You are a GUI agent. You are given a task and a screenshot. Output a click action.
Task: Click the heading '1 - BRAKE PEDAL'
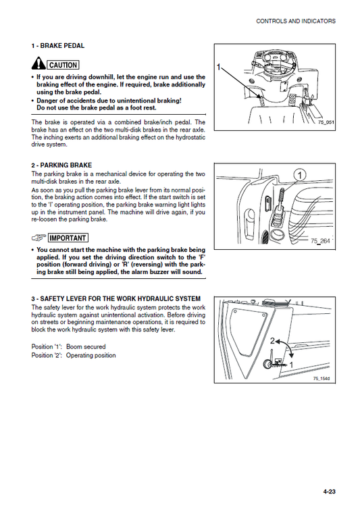point(57,46)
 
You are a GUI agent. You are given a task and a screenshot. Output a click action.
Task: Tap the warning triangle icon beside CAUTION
point(38,65)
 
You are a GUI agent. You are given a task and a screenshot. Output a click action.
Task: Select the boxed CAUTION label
point(63,65)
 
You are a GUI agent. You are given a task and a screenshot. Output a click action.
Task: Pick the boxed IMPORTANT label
point(68,238)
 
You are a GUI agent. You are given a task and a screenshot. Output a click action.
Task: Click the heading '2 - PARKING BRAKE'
point(61,165)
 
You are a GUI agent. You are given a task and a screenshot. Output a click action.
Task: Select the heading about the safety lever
point(115,298)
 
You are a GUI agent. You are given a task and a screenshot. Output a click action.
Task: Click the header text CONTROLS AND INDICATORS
point(295,22)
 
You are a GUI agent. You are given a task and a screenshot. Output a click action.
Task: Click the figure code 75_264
point(319,241)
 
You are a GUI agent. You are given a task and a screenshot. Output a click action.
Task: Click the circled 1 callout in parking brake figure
point(299,176)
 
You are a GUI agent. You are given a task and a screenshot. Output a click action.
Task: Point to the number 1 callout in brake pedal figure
point(220,68)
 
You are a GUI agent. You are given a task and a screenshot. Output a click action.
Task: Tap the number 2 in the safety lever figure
point(273,341)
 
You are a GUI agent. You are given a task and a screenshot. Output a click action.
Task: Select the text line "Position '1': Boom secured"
point(68,347)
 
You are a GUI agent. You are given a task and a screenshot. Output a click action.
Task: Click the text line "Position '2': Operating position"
point(74,356)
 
